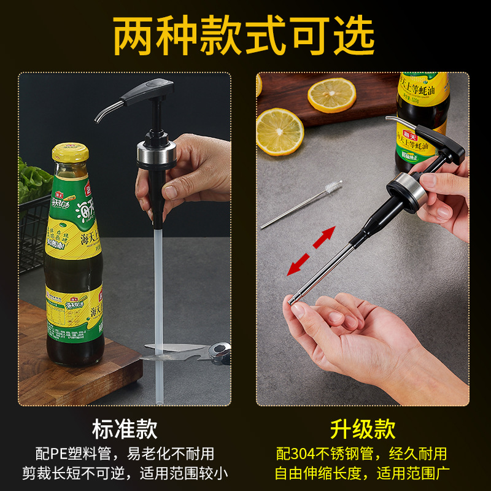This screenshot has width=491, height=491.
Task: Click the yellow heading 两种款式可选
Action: tap(245, 35)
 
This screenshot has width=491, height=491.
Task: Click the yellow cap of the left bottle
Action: tap(72, 152)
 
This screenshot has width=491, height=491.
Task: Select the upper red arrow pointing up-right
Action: tap(323, 236)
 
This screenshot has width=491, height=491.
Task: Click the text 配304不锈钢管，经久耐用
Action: tap(361, 454)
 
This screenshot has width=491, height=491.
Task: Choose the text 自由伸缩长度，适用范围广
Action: tap(361, 473)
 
